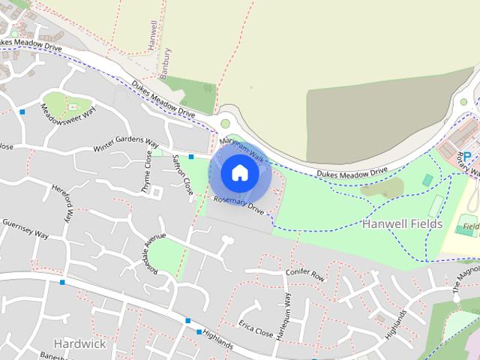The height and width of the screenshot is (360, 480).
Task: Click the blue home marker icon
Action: (239, 172)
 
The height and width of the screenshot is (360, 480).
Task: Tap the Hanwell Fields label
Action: (403, 223)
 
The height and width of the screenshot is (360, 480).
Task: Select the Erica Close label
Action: (256, 331)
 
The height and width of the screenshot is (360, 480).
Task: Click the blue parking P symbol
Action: (467, 156)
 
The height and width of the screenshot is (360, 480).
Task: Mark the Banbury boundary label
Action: (166, 63)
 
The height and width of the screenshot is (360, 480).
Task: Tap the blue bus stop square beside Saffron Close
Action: (191, 157)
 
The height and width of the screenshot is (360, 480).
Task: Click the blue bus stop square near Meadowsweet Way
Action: (22, 112)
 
